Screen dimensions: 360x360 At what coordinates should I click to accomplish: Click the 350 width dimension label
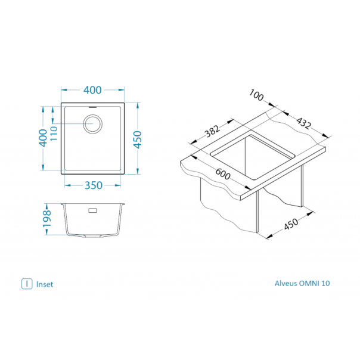click(93, 185)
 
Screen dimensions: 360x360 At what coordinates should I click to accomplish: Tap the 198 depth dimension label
click(47, 219)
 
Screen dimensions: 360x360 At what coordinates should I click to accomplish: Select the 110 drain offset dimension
click(53, 134)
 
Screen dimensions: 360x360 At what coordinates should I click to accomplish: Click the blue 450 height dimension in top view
click(138, 139)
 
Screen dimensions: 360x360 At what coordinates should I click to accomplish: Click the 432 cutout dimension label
click(303, 123)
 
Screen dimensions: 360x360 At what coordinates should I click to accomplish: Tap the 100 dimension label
click(256, 95)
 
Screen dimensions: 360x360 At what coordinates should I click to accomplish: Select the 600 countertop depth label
click(223, 174)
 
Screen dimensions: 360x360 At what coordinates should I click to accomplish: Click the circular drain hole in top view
click(92, 124)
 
